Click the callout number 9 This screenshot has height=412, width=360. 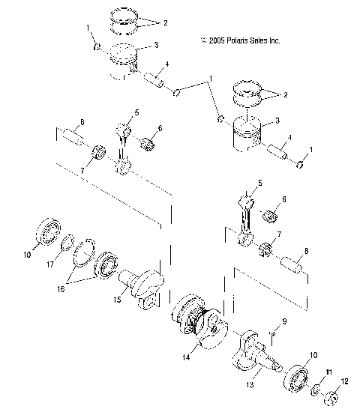(x=285, y=323)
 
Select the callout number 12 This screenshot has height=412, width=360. (x=345, y=382)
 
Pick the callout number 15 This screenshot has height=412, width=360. (x=116, y=300)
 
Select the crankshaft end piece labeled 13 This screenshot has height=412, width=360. (x=259, y=352)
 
